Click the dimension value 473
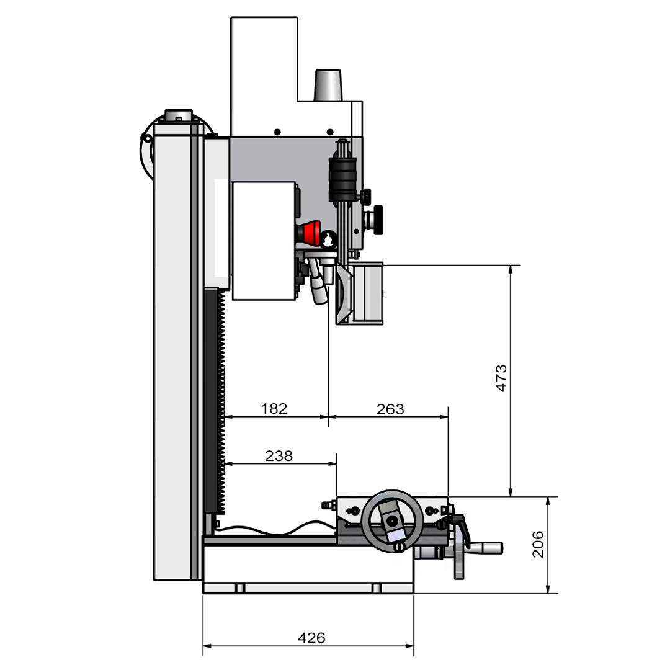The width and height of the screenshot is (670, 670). pos(501,377)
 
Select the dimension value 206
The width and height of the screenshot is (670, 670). pos(537,544)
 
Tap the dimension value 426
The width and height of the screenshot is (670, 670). pos(311,638)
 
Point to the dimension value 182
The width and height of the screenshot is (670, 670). pos(274,409)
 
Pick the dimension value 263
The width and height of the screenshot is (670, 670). pos(390,409)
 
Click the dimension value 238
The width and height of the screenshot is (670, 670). pos(279,456)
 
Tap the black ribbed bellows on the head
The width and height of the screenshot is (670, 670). pos(342,178)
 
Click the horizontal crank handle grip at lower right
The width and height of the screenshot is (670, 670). pos(486,548)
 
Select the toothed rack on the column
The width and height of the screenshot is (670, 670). pos(221,403)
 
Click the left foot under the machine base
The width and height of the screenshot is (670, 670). pos(240,587)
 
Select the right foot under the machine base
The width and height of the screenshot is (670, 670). pos(377,587)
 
